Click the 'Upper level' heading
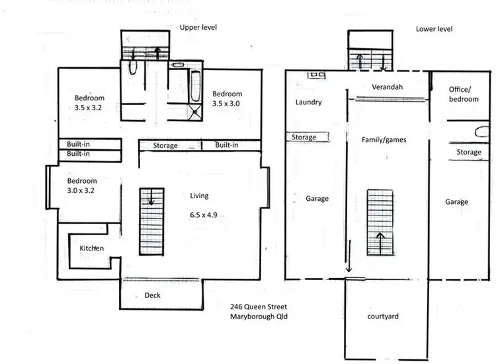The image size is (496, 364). point(198,27)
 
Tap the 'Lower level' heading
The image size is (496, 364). point(434,29)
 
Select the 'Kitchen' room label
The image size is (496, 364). point(92,248)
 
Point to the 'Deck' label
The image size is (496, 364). point(152,295)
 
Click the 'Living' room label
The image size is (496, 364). point(199,196)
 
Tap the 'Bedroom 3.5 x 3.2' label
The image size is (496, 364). point(89,104)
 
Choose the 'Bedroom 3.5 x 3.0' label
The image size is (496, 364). point(227,98)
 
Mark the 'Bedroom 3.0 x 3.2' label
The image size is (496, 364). point(82,186)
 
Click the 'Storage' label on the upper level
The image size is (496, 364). point(165,145)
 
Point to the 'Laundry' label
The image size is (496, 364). point(308,102)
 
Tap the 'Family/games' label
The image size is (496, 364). point(384,140)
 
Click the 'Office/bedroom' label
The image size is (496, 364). point(463,94)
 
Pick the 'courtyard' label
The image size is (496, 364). point(383,316)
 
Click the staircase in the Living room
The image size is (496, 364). point(151,221)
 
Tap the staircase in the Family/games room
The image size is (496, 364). point(380,222)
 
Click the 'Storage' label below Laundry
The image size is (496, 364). point(304,137)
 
